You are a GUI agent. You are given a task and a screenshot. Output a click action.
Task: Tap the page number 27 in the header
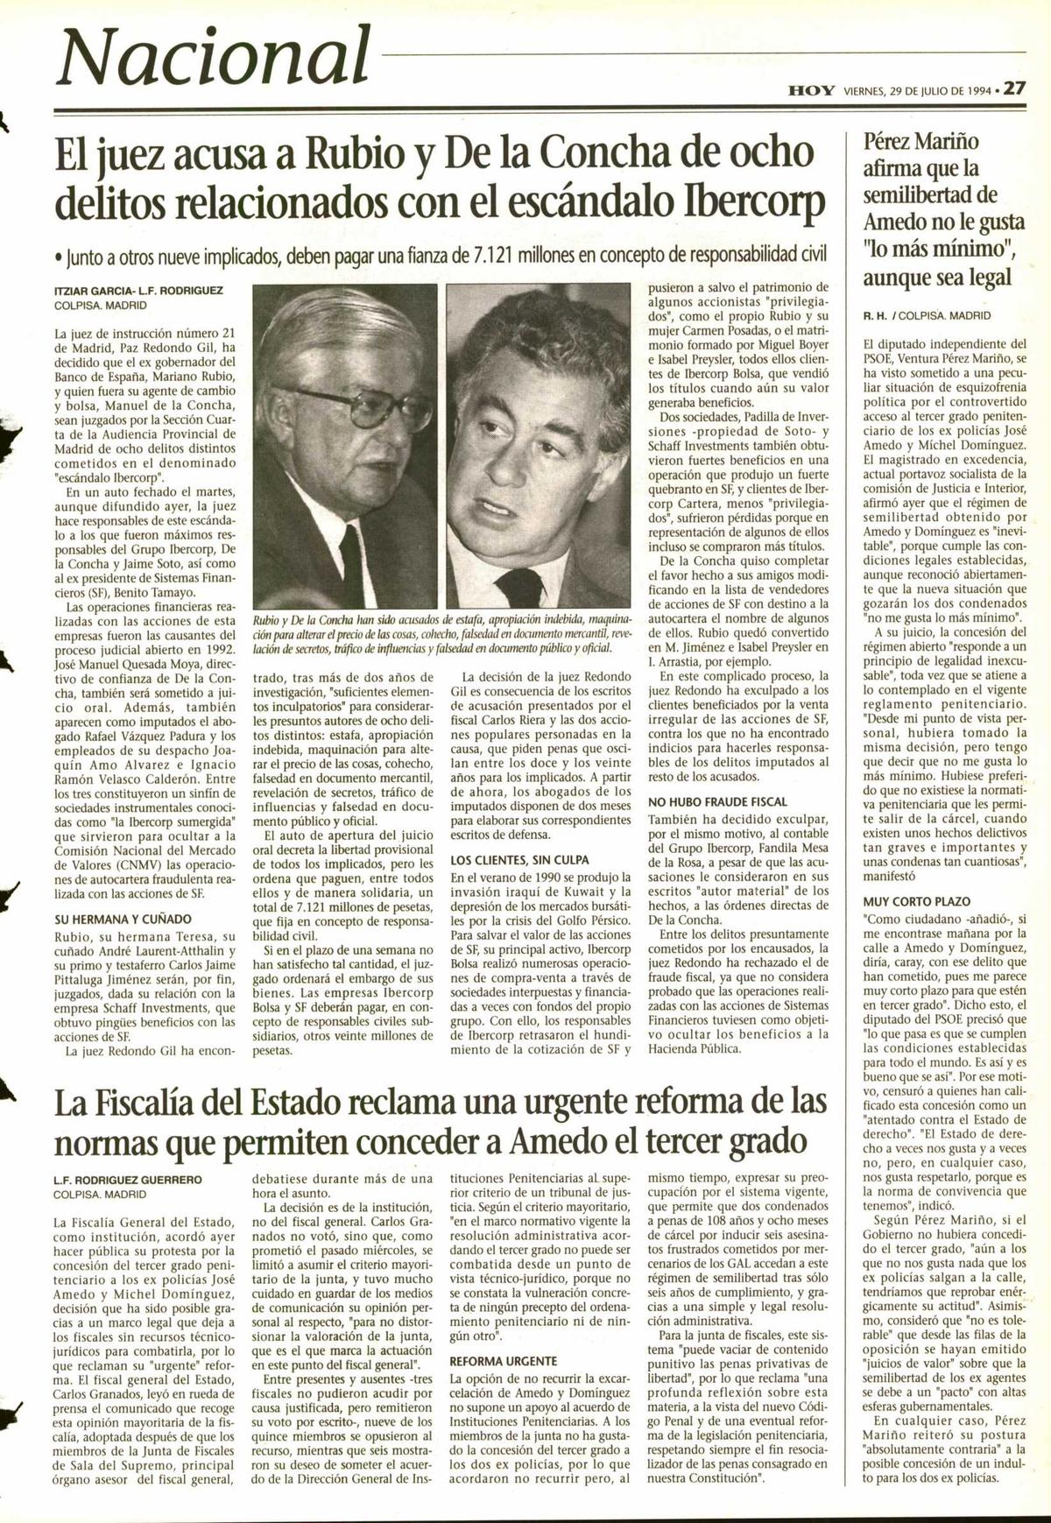point(1015,88)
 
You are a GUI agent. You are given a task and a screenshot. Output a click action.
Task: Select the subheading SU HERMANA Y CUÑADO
point(122,920)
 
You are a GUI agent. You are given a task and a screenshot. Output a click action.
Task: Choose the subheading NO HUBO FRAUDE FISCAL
point(716,801)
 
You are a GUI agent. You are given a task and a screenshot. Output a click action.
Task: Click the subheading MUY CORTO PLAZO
point(916,901)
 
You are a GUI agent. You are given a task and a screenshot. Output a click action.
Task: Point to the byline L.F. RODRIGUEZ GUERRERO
point(127,1180)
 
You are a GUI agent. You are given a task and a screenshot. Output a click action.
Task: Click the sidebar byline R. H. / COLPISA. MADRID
point(928,315)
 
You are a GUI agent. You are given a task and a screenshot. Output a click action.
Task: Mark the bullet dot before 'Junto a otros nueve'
point(58,257)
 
